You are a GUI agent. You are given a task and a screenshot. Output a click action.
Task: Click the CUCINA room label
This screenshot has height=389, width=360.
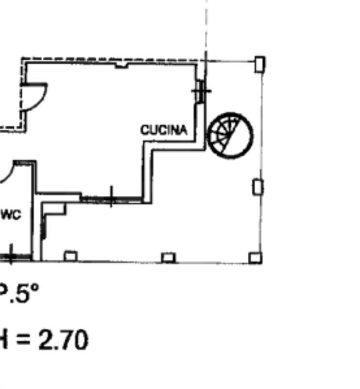tap(164, 130)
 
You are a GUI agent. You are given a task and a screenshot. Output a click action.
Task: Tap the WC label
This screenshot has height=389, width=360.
tap(11, 214)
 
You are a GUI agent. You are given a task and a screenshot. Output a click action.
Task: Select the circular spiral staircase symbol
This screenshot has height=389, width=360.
tap(231, 136)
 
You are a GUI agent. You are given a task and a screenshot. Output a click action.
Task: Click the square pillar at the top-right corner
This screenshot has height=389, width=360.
tap(260, 64)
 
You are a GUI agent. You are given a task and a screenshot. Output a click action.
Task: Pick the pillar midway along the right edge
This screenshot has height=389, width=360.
tap(258, 187)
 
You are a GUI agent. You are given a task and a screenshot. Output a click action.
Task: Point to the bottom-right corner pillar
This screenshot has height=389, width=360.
tap(255, 258)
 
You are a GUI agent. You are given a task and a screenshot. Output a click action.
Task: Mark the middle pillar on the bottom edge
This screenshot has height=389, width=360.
tap(168, 257)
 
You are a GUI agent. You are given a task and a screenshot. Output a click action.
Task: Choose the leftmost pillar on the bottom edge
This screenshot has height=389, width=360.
tap(70, 256)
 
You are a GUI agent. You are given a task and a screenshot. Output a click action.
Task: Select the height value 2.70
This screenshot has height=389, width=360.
tap(63, 340)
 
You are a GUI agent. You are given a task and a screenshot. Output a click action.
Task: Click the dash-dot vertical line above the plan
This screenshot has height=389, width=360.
tap(206, 24)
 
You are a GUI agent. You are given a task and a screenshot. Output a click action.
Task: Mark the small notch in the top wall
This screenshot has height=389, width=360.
tap(121, 65)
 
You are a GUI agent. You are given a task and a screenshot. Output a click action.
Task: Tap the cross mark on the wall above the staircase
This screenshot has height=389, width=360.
tap(201, 91)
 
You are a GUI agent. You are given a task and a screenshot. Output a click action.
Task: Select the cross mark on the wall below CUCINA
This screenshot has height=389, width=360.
tap(111, 197)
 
